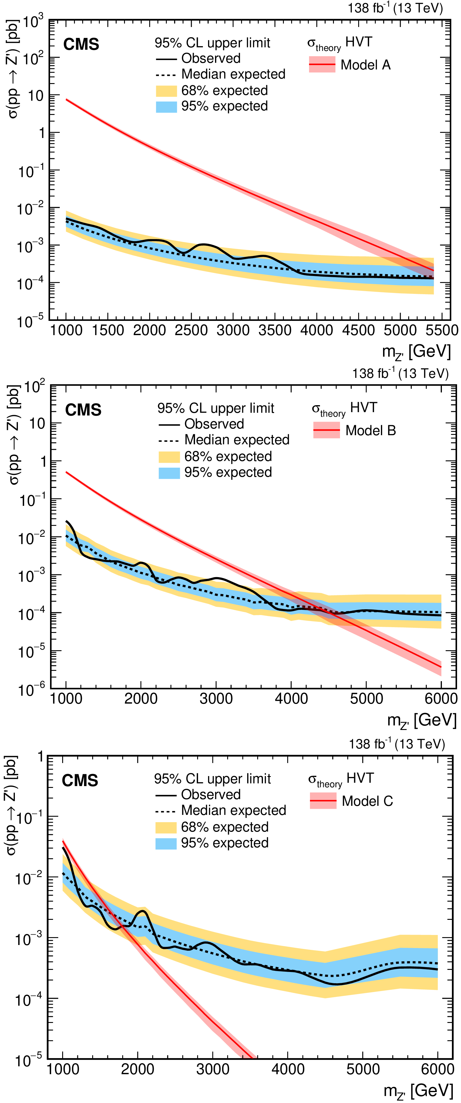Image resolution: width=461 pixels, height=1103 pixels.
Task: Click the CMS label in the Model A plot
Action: pos(81,44)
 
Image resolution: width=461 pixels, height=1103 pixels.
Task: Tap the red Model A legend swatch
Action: pos(322,65)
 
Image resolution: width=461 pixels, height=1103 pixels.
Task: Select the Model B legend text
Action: pos(370,430)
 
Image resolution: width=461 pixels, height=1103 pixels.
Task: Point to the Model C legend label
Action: pos(367,801)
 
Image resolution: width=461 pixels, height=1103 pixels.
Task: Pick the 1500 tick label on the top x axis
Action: pos(108,330)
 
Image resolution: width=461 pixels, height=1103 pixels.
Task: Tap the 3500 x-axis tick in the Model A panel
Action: pos(275,330)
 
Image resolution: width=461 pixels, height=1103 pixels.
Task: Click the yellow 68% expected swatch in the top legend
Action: pos(166,91)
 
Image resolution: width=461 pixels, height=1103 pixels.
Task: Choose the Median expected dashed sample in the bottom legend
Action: pos(166,811)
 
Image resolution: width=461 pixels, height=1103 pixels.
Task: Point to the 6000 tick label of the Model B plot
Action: pos(441,698)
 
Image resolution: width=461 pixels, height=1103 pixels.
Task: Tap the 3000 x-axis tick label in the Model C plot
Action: pos(213,1069)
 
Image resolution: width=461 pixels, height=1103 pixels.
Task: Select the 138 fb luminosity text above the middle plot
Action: pos(400,373)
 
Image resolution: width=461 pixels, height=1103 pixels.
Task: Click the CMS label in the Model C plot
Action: pos(80,780)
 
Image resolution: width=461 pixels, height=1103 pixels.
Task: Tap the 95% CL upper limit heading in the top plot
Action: pos(212,43)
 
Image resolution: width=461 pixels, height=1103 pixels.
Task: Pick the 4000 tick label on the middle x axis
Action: pos(291,698)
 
